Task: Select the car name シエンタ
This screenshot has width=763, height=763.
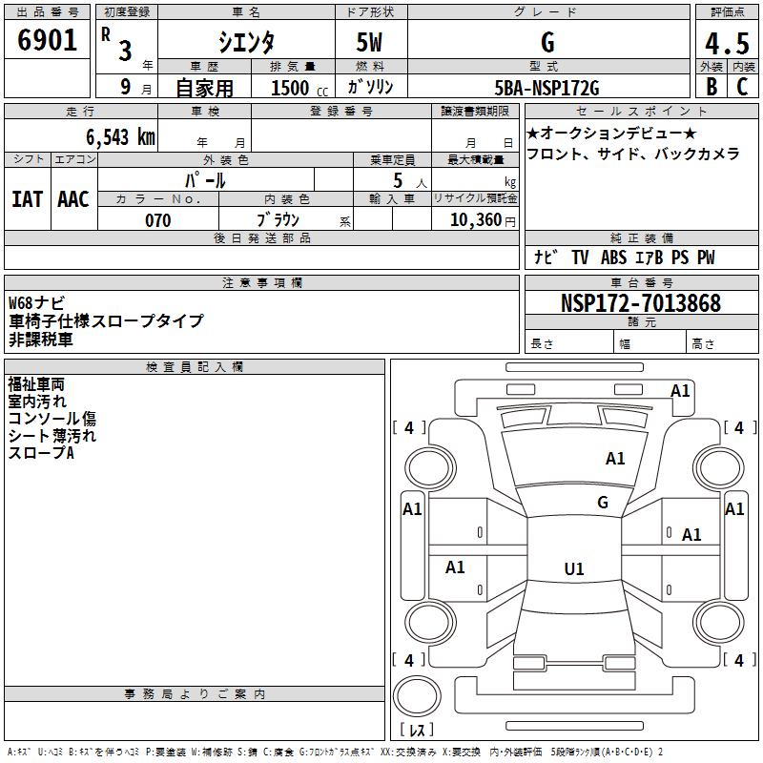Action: click(x=245, y=42)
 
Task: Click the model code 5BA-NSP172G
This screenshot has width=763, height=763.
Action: click(x=547, y=89)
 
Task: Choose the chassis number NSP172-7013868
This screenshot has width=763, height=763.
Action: click(x=641, y=303)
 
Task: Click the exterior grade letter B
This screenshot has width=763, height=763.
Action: click(x=711, y=88)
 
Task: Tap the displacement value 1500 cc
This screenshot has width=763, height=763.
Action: click(x=296, y=89)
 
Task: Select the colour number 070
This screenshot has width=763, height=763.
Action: click(x=157, y=220)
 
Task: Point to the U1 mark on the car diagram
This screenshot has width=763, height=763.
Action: click(x=574, y=569)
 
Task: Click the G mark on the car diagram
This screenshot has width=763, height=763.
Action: click(x=603, y=503)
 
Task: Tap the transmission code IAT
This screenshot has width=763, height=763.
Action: click(x=28, y=198)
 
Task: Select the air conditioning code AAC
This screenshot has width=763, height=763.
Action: click(x=73, y=198)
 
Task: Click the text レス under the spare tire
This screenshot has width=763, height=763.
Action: click(x=421, y=730)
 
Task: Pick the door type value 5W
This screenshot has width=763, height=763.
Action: click(x=369, y=42)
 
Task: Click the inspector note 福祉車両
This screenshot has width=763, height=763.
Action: click(x=36, y=384)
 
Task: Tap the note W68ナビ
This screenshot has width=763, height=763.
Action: click(x=37, y=303)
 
